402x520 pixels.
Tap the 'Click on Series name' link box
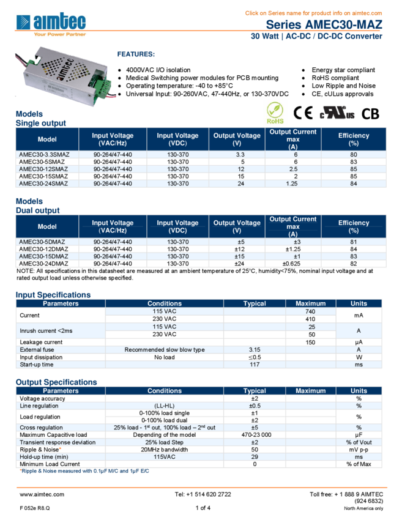pos(313,13)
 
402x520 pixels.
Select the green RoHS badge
pos(275,113)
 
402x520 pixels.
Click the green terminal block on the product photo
pos(100,83)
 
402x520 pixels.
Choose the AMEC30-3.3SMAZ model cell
pos(43,155)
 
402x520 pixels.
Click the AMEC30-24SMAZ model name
pos(43,184)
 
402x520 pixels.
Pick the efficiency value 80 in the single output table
pos(354,155)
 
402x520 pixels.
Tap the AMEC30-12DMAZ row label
pos(43,249)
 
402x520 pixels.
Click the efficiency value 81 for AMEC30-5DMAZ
pos(354,242)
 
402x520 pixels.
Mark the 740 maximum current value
pos(310,312)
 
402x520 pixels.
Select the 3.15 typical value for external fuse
pos(255,350)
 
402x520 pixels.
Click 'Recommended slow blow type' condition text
pos(165,350)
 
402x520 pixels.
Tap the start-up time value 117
pos(255,365)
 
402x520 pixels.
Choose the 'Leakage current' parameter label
pos(41,342)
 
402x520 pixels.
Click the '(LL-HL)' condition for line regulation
pos(165,406)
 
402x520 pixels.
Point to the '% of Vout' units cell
pos(359,442)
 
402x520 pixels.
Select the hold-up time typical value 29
pos(255,457)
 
